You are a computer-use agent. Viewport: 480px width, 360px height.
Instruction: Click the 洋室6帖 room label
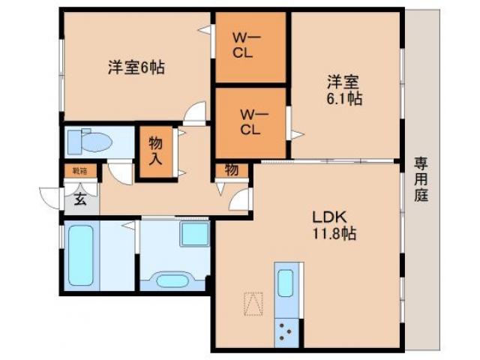135,68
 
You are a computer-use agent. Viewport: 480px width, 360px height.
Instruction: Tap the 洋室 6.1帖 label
344,89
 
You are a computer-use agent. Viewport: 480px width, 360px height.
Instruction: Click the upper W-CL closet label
250,45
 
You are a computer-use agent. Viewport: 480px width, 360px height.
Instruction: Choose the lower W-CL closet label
250,121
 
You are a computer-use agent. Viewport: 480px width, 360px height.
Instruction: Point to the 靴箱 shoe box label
79,171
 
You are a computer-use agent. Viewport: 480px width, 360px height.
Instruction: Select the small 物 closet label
232,170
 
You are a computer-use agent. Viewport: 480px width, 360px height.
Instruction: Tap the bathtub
80,255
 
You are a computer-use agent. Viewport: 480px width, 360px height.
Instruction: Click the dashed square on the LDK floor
253,304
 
